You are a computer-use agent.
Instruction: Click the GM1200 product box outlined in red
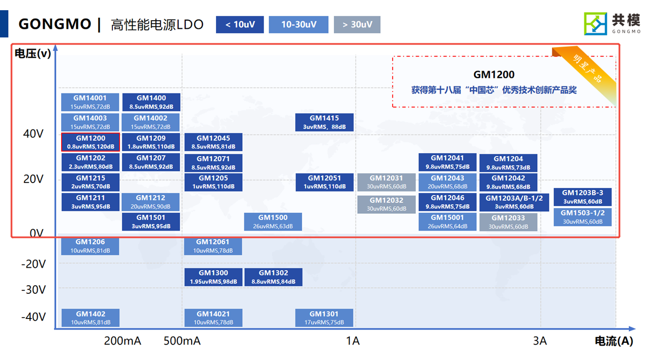pos(91,142)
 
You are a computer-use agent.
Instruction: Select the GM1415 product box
pos(324,122)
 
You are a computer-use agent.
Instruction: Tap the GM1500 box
pos(273,221)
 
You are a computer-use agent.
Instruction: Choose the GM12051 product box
pos(324,182)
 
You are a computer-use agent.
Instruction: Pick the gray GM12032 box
pos(386,204)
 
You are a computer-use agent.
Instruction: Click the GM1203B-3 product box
pos(582,197)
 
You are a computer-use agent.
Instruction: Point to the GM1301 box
pos(324,318)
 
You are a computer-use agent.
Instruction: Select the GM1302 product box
pos(273,277)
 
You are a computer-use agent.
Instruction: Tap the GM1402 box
pos(91,318)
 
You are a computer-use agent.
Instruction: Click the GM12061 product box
pos(213,246)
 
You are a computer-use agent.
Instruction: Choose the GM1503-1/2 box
pos(582,217)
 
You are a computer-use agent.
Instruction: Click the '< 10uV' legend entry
pos(240,25)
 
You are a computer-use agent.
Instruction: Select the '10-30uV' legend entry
pos(298,25)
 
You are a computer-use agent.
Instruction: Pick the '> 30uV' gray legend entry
pos(357,25)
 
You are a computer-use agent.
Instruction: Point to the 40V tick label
pos(33,134)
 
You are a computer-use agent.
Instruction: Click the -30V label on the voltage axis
pos(33,290)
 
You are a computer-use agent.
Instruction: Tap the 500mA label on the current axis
pos(182,341)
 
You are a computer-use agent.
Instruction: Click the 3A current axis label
pos(540,341)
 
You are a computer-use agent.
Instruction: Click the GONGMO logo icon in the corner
pos(595,24)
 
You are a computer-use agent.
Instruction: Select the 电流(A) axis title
pos(614,341)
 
